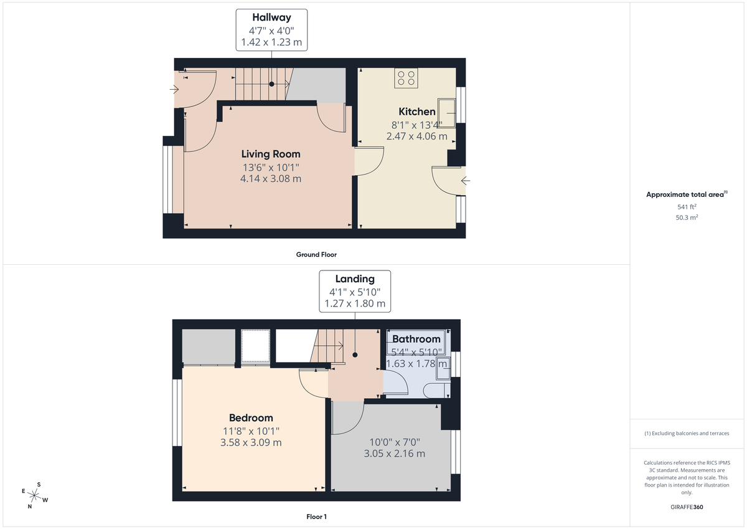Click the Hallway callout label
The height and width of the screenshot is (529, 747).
271,17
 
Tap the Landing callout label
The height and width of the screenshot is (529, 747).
355,279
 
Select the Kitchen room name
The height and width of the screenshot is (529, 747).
417,112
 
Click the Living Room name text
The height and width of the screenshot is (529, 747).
271,154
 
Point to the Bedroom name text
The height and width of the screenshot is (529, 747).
251,417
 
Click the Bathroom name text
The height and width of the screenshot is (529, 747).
416,339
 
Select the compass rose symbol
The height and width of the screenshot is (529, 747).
35,495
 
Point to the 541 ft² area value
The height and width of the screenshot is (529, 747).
687,207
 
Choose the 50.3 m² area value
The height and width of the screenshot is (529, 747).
687,217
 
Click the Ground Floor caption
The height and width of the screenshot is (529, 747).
316,254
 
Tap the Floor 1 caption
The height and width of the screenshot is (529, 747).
316,517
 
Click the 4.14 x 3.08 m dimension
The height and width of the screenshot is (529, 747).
271,179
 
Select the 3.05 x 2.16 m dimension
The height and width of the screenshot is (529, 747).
394,454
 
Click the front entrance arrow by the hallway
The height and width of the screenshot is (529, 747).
174,90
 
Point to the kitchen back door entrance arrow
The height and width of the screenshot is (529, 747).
465,181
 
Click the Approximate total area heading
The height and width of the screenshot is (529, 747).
686,194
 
